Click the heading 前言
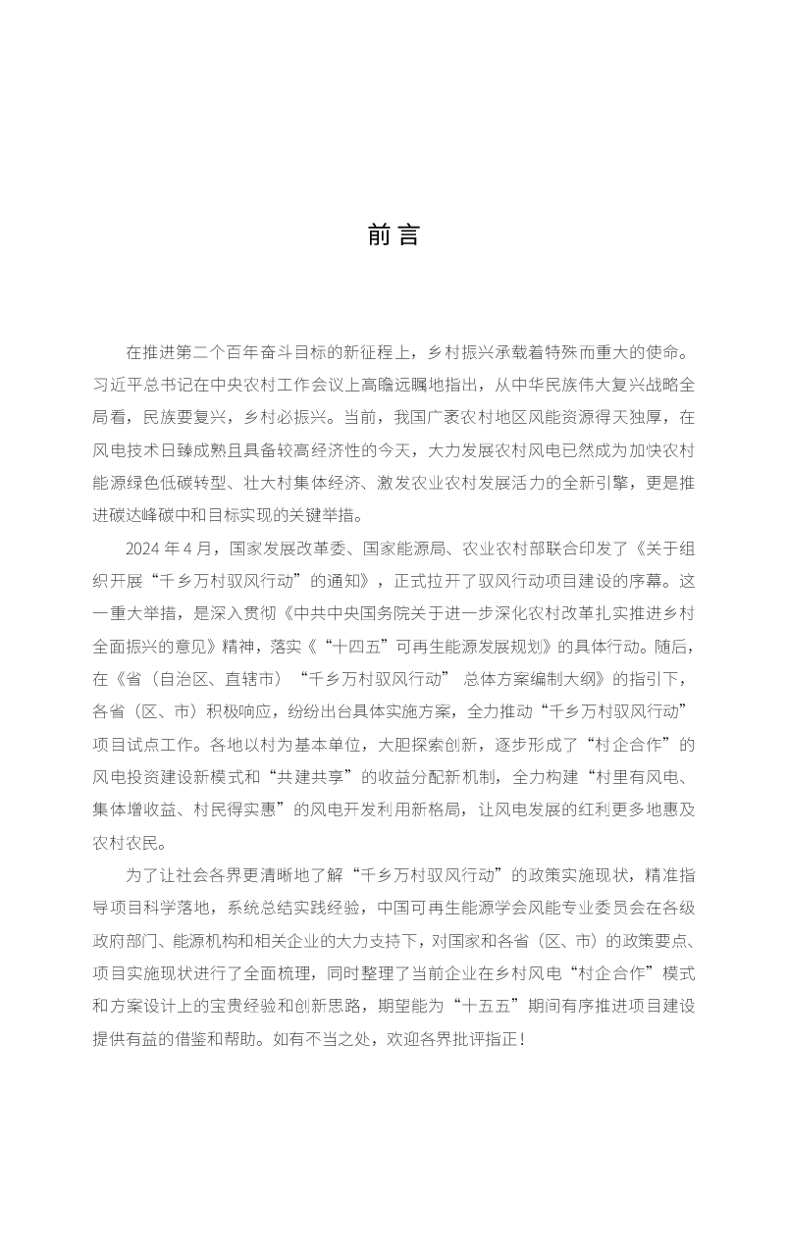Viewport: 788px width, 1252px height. [394, 236]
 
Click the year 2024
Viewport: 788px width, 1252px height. [143, 547]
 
